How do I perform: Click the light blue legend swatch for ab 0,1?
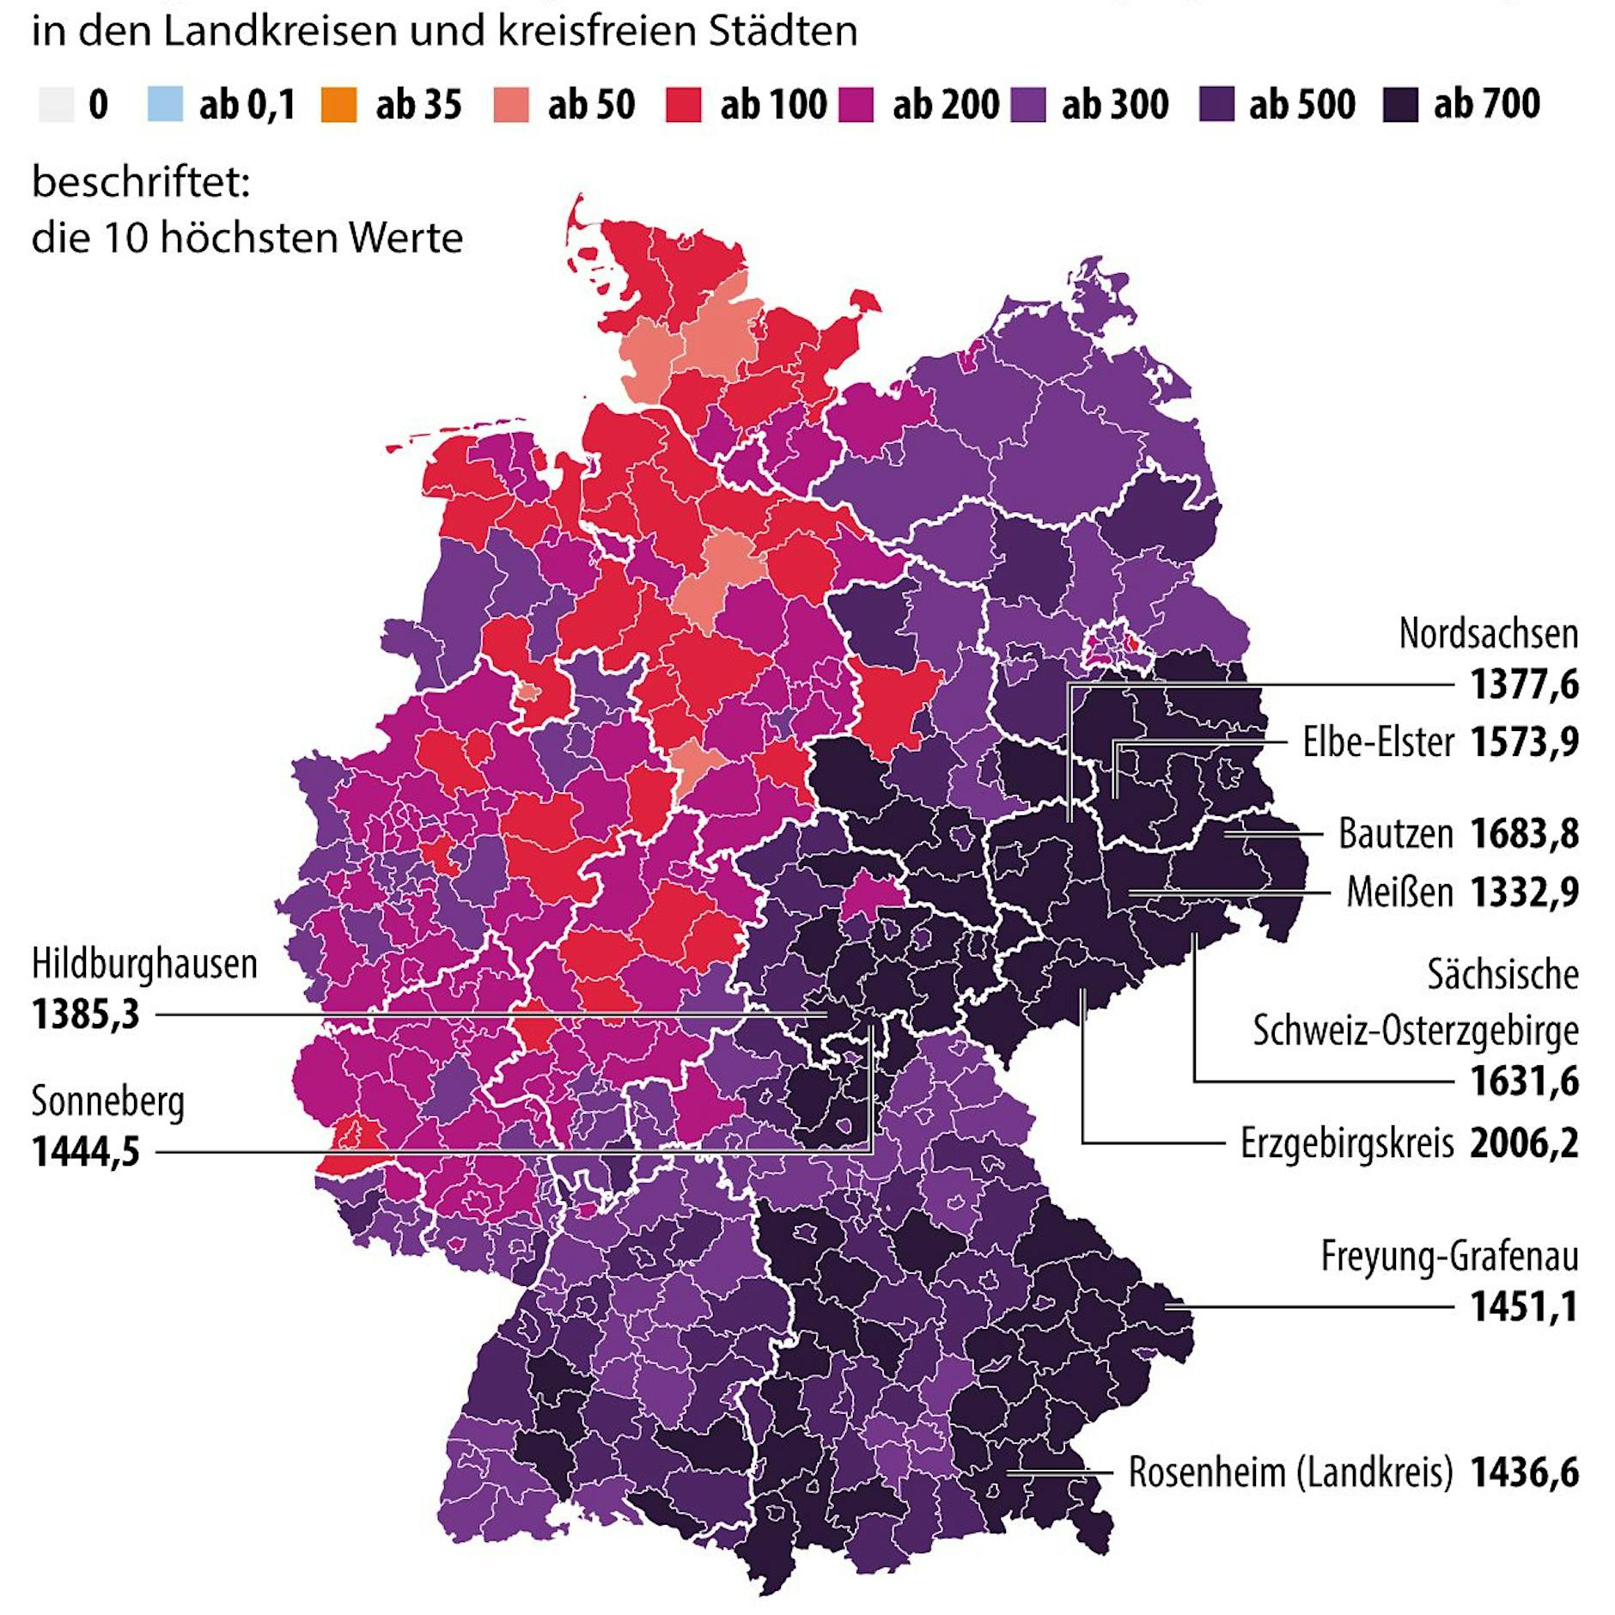[165, 105]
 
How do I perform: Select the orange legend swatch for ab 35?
[338, 105]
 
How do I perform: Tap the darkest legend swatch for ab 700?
[1399, 105]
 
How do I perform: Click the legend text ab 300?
[1114, 105]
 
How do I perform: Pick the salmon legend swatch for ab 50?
[511, 105]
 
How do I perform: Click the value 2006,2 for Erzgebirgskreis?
[1523, 1143]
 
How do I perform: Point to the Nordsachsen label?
[1488, 634]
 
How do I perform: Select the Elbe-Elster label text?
[1378, 742]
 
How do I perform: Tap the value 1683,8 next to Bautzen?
[1523, 833]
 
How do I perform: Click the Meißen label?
[1399, 893]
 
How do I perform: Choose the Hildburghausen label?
[144, 964]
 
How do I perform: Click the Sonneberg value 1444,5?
[85, 1152]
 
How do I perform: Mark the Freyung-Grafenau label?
[1449, 1257]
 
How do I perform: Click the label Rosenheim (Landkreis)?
[1290, 1472]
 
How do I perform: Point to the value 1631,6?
[1523, 1082]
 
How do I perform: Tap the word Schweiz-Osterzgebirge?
[1415, 1030]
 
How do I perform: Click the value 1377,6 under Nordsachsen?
[1523, 686]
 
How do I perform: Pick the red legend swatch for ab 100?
[683, 105]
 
